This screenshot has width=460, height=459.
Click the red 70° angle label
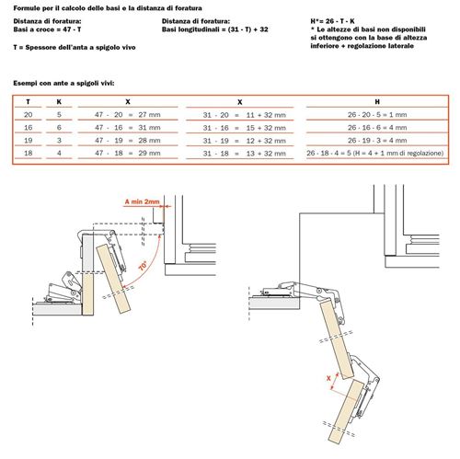[x=144, y=266]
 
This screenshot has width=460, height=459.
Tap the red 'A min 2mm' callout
[x=142, y=201]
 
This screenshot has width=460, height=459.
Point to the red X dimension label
[x=328, y=378]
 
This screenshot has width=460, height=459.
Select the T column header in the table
[x=29, y=102]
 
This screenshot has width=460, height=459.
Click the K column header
[x=59, y=102]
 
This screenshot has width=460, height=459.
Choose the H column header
[x=377, y=102]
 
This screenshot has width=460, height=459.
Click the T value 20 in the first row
[x=29, y=115]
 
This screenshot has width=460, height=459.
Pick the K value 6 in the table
[x=59, y=128]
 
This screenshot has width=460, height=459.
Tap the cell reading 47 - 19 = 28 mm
[x=128, y=141]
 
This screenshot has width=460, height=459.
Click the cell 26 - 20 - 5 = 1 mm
[x=377, y=115]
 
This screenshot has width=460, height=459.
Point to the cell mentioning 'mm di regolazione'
[x=375, y=153]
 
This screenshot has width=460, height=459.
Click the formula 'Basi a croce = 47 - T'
[x=47, y=29]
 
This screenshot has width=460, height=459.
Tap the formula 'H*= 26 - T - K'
[x=332, y=21]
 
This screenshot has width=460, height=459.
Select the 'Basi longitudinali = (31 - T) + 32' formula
[x=215, y=29]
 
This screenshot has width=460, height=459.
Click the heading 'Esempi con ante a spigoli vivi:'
[x=63, y=83]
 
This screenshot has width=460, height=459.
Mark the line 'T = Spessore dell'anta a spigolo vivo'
[x=75, y=48]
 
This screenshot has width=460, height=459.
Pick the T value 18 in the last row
[x=29, y=153]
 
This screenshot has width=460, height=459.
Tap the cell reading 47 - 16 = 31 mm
[x=128, y=128]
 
